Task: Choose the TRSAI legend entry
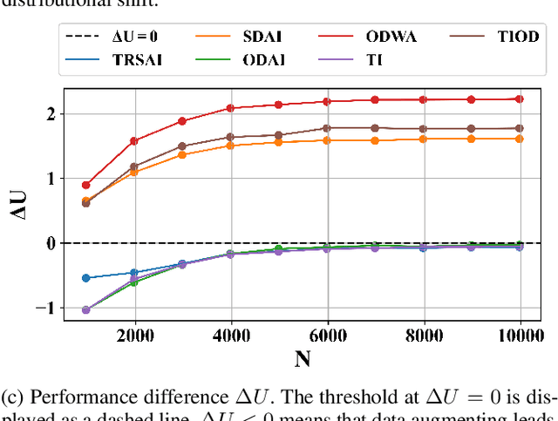pyautogui.click(x=113, y=59)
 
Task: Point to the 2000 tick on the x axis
pyautogui.click(x=133, y=336)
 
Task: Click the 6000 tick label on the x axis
pyautogui.click(x=327, y=336)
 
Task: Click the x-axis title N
pyautogui.click(x=303, y=357)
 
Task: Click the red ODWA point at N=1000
pyautogui.click(x=85, y=185)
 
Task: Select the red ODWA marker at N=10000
pyautogui.click(x=520, y=98)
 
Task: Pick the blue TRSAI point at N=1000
pyautogui.click(x=85, y=278)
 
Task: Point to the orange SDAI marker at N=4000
pyautogui.click(x=230, y=146)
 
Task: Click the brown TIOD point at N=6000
pyautogui.click(x=327, y=128)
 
